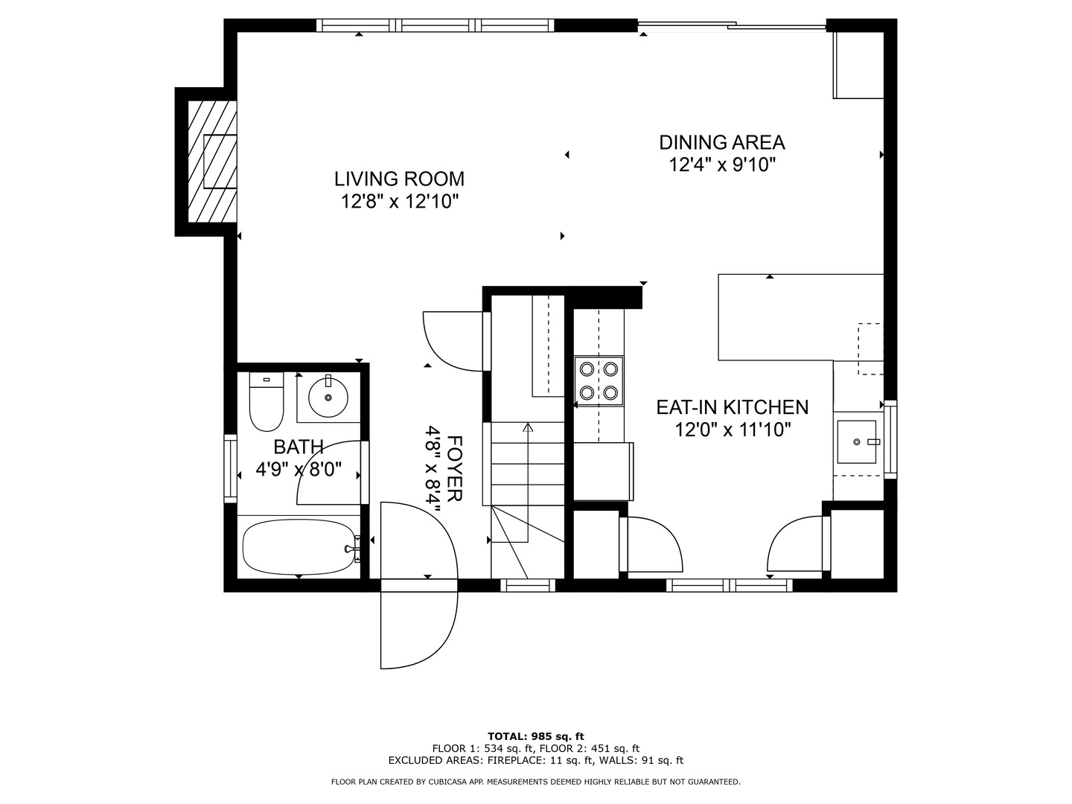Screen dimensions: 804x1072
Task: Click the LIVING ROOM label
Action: pos(399,179)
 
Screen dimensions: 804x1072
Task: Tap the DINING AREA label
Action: pos(722,142)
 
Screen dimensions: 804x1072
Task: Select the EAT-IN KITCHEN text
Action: pos(732,407)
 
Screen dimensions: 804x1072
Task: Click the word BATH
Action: pos(299,447)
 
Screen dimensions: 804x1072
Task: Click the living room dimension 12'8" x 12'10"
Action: pos(399,201)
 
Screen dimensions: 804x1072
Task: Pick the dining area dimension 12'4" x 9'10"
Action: pos(722,165)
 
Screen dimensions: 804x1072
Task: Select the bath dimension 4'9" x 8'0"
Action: pos(299,470)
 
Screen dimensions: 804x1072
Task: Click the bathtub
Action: pos(299,547)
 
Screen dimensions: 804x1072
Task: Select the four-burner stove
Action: pos(599,380)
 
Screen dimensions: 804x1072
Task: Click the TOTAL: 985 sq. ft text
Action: pos(535,736)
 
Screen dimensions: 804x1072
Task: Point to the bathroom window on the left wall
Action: pos(230,468)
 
